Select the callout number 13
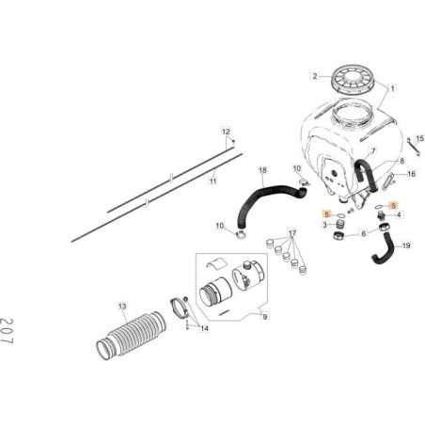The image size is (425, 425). pos(121,307)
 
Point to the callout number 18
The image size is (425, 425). pos(262,170)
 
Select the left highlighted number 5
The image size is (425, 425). pos(325,214)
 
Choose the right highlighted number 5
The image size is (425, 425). pos(394,205)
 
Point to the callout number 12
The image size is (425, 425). pos(226,132)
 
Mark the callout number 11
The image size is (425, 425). pos(212,181)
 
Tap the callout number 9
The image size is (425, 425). pos(264,318)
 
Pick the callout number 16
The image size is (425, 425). pos(410,174)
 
